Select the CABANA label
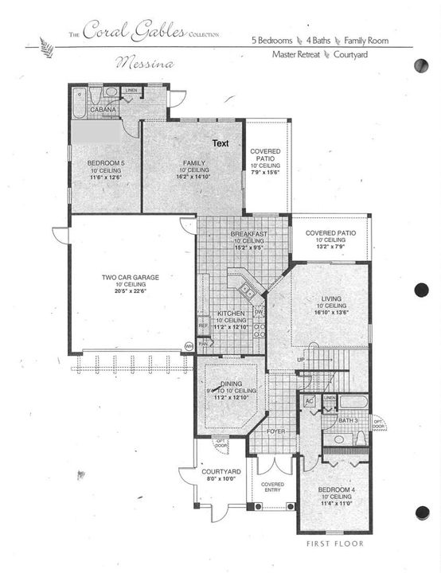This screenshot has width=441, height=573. pos(103,110)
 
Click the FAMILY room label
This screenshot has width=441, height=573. pos(193,163)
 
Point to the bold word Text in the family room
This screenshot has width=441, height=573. pos(220,143)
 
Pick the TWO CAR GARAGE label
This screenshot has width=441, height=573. pos(130,277)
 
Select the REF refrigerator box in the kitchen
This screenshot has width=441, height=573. pos(203,325)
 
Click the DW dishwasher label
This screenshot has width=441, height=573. pos(259,312)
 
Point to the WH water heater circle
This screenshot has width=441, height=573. pos(189,346)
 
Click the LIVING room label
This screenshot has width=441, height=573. pos(331,298)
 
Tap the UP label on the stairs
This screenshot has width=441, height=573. pos(300,360)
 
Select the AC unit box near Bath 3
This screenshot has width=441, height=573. pos(310,401)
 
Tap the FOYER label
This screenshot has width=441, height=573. pos(275,431)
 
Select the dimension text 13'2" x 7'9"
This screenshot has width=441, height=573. pos(330,247)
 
